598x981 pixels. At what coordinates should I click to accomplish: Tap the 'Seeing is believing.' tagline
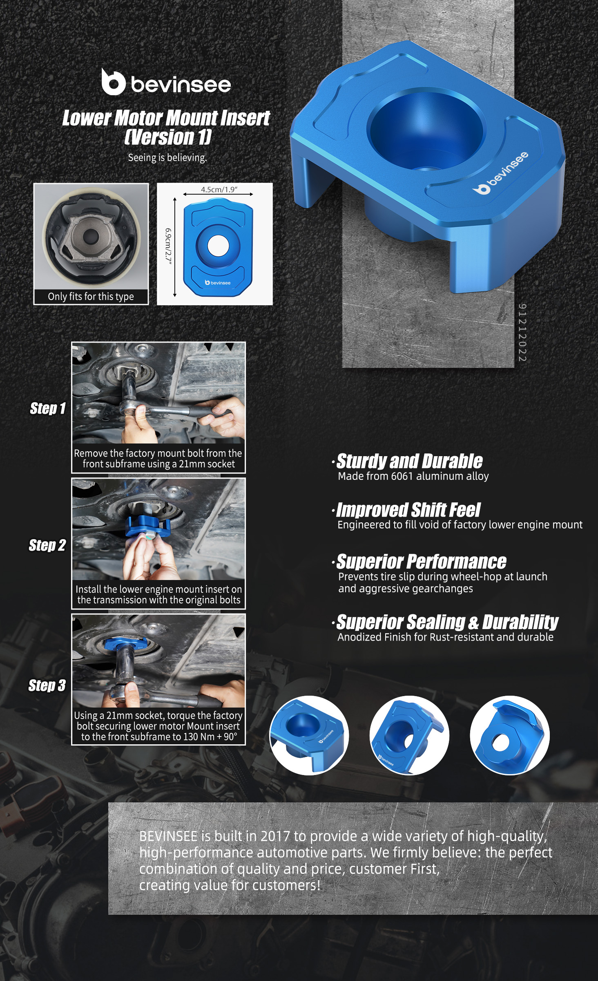tap(167, 158)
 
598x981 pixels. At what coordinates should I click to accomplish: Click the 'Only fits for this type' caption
tap(91, 296)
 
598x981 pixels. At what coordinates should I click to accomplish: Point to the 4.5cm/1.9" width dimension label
tap(219, 189)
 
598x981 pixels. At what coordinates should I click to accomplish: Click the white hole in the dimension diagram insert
tap(218, 246)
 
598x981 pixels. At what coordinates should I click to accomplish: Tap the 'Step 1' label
tap(48, 408)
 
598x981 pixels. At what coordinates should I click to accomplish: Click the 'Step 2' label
tap(47, 545)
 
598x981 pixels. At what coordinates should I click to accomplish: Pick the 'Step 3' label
tap(47, 685)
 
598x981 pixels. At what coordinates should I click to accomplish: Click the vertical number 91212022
tap(522, 332)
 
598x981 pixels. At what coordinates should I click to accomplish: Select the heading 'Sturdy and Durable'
tap(409, 461)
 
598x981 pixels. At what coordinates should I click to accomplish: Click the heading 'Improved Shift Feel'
tap(408, 510)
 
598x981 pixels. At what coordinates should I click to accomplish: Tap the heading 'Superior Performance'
tap(421, 562)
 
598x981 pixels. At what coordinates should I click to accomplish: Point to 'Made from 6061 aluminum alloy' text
tap(413, 476)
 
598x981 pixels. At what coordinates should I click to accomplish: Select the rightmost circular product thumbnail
tap(510, 735)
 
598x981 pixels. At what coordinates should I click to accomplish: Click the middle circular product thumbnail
tap(409, 735)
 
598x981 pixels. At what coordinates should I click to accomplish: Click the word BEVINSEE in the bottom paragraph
tap(168, 836)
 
